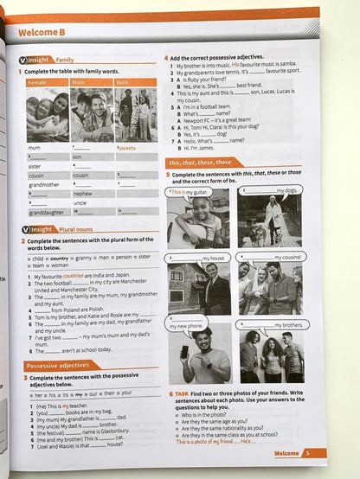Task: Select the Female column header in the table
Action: coord(37,82)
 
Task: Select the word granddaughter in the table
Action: coord(46,212)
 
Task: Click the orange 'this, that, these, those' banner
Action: coord(202,162)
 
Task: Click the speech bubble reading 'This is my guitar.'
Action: coord(189,191)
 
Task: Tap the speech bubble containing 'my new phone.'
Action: coord(188,327)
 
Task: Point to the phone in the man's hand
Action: coord(184,351)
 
